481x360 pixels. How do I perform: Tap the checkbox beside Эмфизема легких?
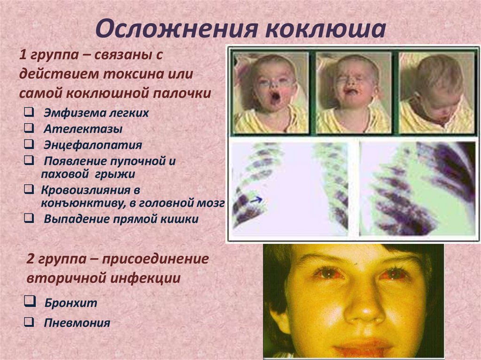click(x=29, y=112)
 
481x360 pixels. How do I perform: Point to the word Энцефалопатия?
click(x=93, y=145)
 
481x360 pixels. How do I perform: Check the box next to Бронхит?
click(x=29, y=302)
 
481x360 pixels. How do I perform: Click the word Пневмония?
click(x=78, y=322)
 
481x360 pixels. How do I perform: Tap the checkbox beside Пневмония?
click(x=29, y=322)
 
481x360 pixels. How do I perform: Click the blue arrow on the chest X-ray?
click(x=256, y=200)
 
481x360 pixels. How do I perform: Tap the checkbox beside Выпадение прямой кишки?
click(x=29, y=218)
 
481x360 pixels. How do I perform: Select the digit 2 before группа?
click(x=31, y=259)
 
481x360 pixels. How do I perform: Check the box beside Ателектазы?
click(x=29, y=128)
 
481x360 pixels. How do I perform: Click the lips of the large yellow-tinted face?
click(x=363, y=347)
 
